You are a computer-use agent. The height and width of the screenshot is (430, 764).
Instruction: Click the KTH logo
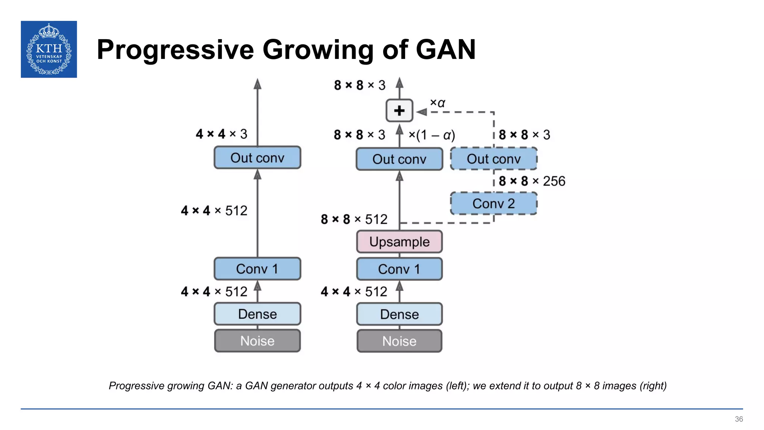tap(49, 49)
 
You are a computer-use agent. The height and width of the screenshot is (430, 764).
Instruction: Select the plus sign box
tap(399, 110)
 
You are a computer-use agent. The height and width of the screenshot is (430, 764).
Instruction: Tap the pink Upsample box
tap(399, 242)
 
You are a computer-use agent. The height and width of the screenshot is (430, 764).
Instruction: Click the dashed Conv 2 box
tap(493, 203)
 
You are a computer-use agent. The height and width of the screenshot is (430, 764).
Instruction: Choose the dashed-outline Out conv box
tap(493, 159)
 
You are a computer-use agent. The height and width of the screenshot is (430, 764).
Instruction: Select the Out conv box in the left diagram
tap(257, 158)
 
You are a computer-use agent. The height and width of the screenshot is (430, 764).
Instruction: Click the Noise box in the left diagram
tap(257, 341)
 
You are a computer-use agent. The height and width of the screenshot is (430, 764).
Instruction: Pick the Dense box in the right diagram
tap(399, 314)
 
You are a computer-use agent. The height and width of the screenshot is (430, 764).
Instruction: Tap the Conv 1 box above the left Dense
tap(257, 269)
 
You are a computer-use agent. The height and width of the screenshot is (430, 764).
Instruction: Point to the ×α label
tap(438, 103)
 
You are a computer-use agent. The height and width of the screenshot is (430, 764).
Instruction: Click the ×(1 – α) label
tap(432, 135)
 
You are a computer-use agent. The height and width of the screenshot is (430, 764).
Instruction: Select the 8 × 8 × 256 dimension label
tap(532, 181)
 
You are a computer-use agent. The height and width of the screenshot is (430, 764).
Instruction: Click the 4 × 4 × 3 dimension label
tap(222, 134)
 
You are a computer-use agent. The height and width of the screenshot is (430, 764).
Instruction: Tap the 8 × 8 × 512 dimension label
tap(354, 219)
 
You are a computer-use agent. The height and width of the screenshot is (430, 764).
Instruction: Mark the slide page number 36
tap(739, 419)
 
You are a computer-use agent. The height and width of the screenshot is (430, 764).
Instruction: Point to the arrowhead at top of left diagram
tap(257, 84)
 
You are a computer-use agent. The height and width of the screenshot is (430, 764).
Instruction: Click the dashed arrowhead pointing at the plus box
tap(422, 112)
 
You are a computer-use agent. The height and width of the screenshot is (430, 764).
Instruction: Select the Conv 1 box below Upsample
tap(399, 269)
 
